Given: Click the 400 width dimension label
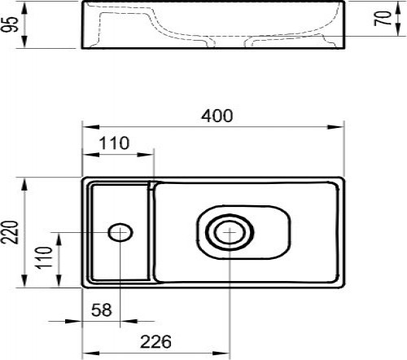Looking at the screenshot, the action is (217, 116).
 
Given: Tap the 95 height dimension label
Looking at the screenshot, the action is (10, 24).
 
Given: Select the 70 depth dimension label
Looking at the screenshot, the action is (383, 19).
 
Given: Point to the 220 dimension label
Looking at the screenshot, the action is (10, 232).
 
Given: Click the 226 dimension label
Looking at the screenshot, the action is (155, 341).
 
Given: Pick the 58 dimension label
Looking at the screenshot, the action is (102, 310).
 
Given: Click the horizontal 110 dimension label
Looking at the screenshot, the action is (114, 143).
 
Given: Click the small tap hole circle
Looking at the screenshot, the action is (120, 232).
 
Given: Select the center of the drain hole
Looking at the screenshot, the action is (230, 232).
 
